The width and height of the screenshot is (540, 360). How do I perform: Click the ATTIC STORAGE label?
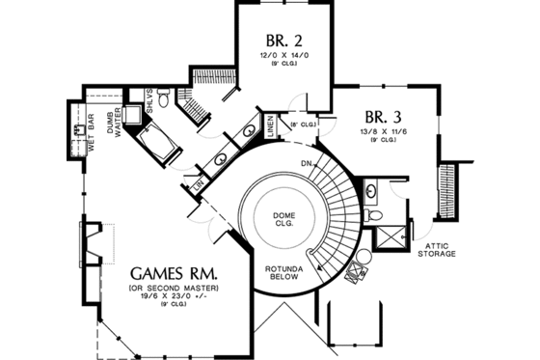[436, 250]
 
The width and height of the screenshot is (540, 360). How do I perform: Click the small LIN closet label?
[200, 181]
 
